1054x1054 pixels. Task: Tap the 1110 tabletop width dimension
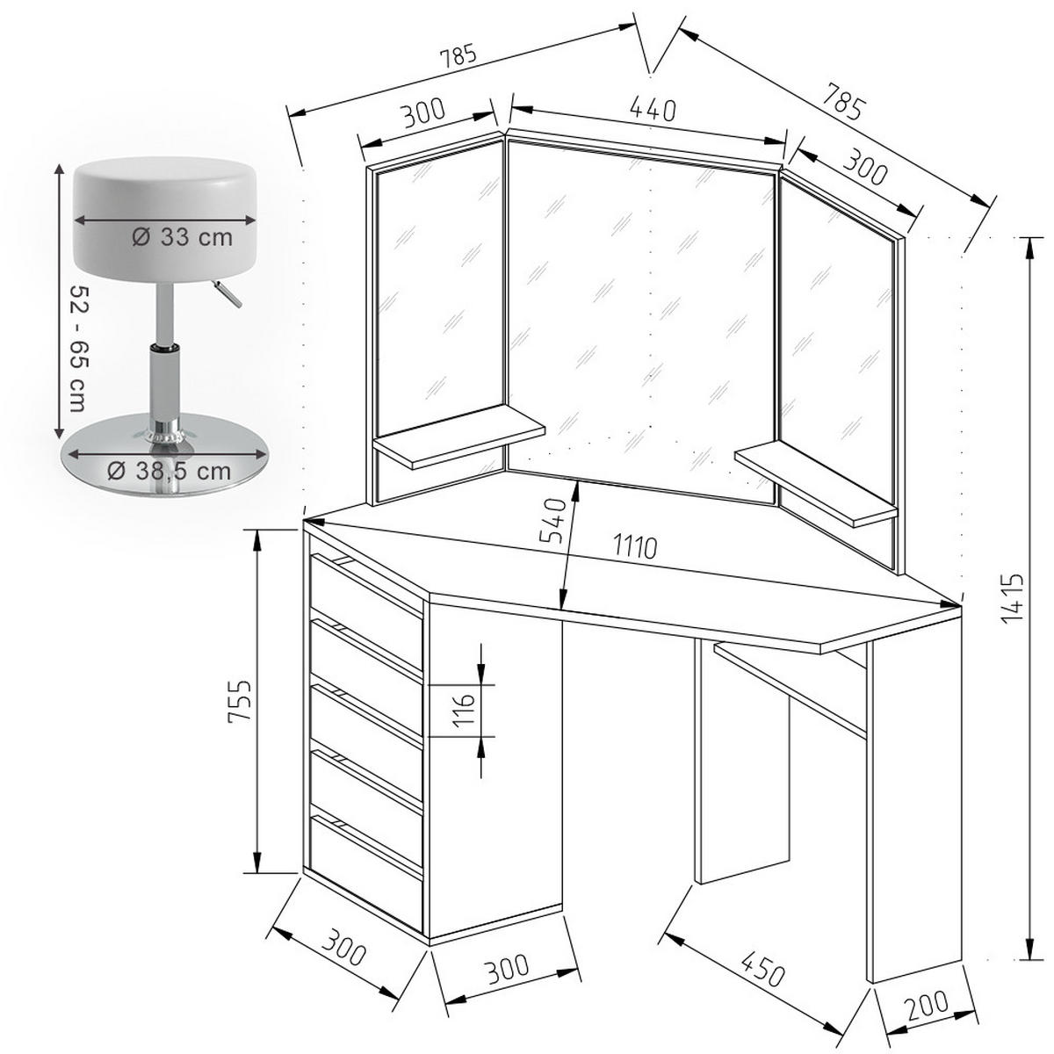coord(634,547)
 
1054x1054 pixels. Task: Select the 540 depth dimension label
coord(552,519)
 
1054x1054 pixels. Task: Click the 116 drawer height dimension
coord(465,710)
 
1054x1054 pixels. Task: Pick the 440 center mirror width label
coord(653,110)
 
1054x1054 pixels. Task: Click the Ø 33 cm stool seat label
coord(182,237)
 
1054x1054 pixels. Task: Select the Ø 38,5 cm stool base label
coord(170,471)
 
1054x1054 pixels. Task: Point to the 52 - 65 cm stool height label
coord(80,348)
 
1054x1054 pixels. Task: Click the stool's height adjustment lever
coord(227,293)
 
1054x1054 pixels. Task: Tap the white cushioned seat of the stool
coord(166,218)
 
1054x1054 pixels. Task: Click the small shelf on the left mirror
coord(458,437)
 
